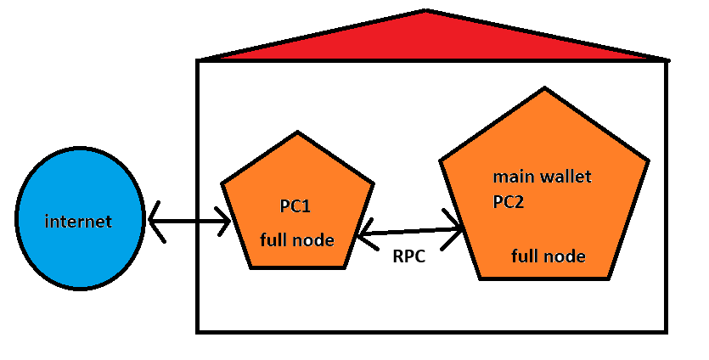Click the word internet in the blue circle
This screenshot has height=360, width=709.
click(x=78, y=222)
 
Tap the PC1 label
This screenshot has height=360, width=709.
click(x=296, y=205)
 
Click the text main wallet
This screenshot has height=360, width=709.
click(x=542, y=178)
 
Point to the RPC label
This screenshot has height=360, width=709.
click(x=410, y=255)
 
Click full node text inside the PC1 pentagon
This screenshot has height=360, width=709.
click(x=296, y=240)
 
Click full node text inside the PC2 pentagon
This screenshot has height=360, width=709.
click(x=548, y=255)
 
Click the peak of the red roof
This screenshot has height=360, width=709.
click(x=425, y=11)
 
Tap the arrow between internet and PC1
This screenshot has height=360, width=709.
click(x=189, y=223)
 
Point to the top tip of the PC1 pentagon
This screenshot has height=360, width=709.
click(x=296, y=132)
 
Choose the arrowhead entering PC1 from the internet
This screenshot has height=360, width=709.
click(x=226, y=223)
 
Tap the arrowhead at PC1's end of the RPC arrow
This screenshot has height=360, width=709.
click(x=363, y=234)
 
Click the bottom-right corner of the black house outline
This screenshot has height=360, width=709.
click(x=667, y=331)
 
